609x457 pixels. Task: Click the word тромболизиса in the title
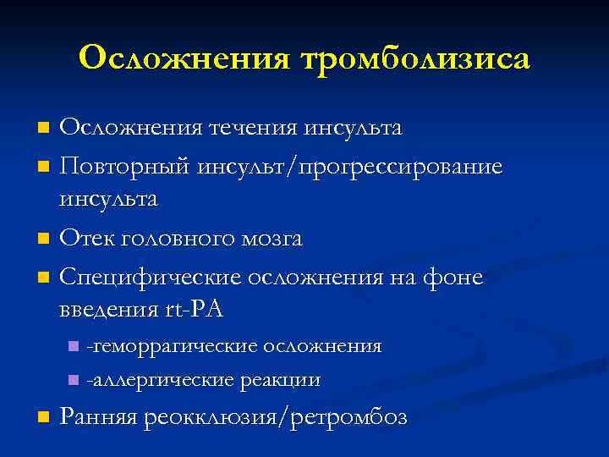pyautogui.click(x=414, y=58)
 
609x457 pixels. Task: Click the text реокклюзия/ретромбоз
pyautogui.click(x=276, y=417)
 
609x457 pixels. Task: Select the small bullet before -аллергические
pyautogui.click(x=74, y=380)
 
